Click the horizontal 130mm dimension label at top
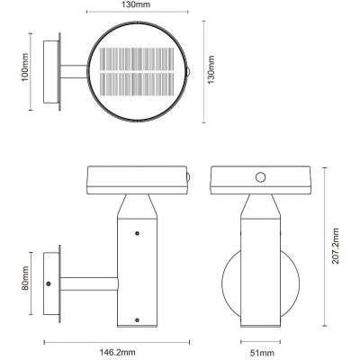click(x=136, y=4)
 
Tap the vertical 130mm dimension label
click(x=211, y=70)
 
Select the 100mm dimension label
click(x=25, y=67)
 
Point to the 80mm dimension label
click(x=25, y=278)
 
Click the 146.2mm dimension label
click(x=116, y=352)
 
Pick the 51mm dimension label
click(x=260, y=353)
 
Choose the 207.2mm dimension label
click(x=336, y=246)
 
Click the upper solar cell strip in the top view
click(x=137, y=59)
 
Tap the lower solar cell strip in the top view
click(x=137, y=85)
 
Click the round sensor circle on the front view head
click(x=261, y=177)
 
